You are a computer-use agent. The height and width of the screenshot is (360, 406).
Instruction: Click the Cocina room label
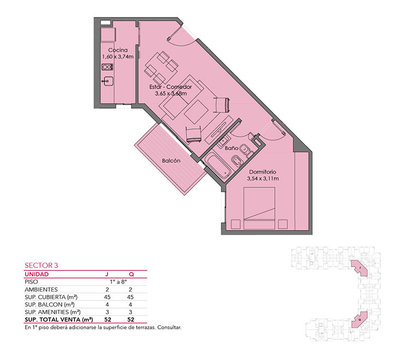(118, 50)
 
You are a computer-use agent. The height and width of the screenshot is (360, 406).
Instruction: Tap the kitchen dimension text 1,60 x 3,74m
(118, 57)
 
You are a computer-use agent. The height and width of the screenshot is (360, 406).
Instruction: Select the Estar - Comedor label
(170, 87)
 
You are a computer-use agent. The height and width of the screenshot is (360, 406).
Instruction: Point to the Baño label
(232, 148)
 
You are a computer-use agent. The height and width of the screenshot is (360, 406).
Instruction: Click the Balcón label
(171, 161)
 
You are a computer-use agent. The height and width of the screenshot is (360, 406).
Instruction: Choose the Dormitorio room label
(262, 172)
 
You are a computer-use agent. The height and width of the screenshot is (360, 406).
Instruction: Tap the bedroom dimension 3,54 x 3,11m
(263, 179)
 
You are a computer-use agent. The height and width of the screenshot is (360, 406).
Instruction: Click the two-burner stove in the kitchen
(107, 67)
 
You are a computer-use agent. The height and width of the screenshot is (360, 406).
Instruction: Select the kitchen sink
(108, 81)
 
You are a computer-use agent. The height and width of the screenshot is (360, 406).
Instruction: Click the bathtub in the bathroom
(217, 166)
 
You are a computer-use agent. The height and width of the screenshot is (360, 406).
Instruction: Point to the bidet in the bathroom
(237, 160)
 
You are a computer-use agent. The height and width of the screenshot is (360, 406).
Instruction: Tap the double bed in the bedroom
(259, 208)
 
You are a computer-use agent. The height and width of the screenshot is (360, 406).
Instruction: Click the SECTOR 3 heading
(42, 265)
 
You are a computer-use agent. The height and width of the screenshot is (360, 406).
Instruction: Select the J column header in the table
(107, 274)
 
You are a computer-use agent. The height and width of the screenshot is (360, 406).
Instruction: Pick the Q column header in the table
(131, 274)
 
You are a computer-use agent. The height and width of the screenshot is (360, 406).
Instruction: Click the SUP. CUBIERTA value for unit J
(107, 297)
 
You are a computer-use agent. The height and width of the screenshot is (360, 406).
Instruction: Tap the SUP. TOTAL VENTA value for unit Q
(131, 320)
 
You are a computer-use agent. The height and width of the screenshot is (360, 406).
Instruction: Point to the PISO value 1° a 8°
(119, 282)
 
